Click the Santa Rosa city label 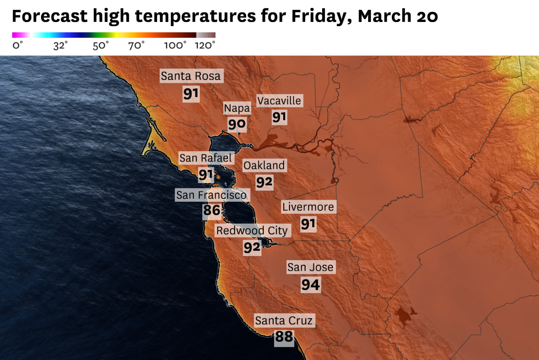point(191,76)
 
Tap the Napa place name point(237,109)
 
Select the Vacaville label point(279,101)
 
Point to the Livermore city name point(308,207)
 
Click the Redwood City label point(252,231)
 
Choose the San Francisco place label point(211,195)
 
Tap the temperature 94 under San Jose point(311,285)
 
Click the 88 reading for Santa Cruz point(284,337)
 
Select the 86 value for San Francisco point(211,211)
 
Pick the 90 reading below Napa point(237,124)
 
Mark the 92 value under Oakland point(264,182)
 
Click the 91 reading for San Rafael point(206,175)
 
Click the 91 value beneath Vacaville point(279,117)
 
